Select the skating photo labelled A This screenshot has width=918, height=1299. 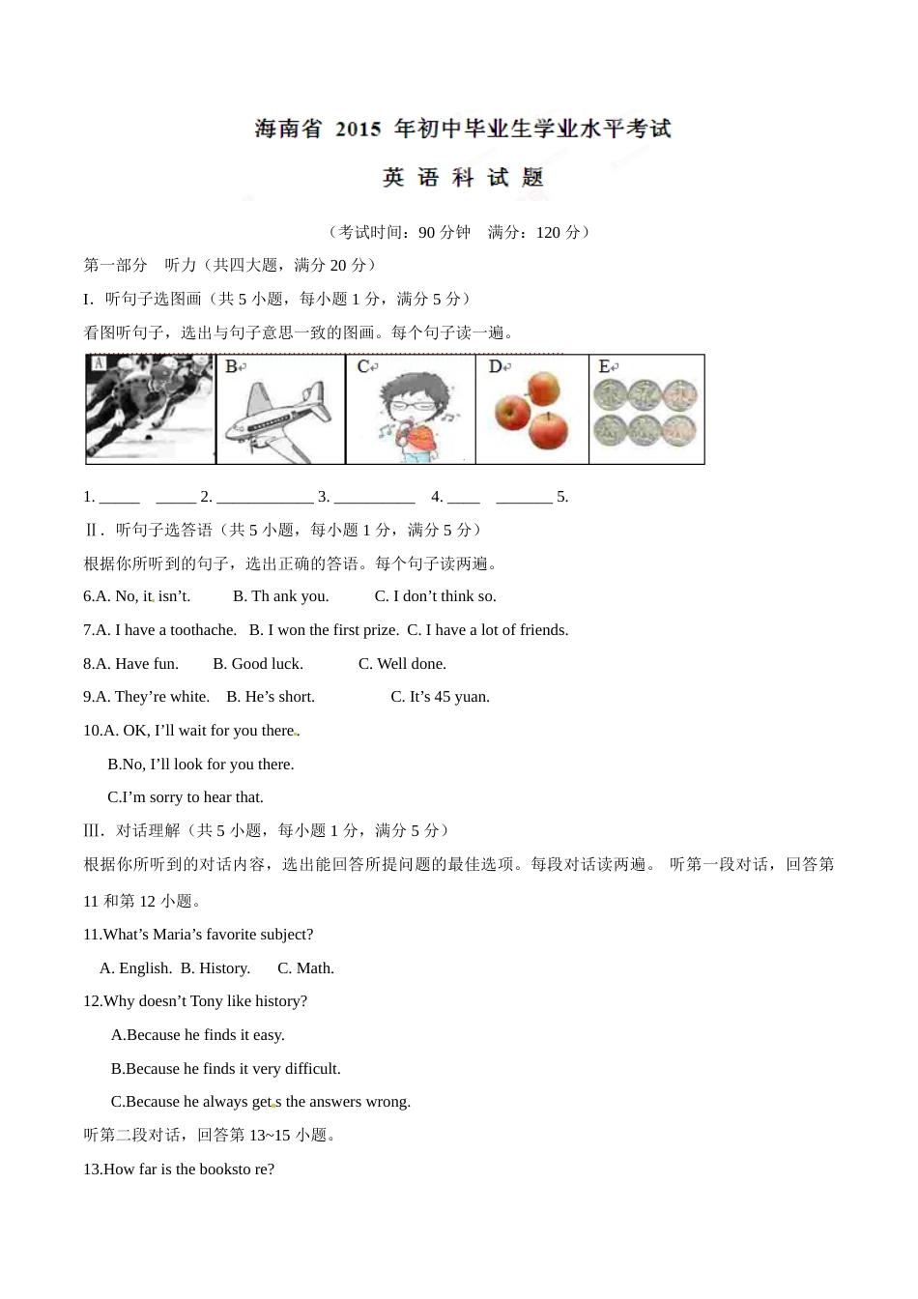coord(150,408)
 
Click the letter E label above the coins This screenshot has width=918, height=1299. coord(606,366)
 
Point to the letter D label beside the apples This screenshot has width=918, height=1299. coord(496,366)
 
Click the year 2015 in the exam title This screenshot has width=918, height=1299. coord(358,130)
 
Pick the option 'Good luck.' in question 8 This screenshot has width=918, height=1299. coord(258,664)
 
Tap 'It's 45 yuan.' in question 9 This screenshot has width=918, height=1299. coord(440,697)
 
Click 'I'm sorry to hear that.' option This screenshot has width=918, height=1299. coord(186,797)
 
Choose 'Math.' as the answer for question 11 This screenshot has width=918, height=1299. coord(305,968)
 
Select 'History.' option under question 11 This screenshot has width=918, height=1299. coord(215,968)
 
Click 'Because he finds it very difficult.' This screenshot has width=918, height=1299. coord(226,1069)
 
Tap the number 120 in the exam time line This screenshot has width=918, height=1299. coord(548,232)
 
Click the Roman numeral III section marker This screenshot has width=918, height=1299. coord(94,830)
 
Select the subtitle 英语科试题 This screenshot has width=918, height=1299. coord(463,178)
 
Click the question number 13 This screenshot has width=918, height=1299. coord(92,1169)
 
